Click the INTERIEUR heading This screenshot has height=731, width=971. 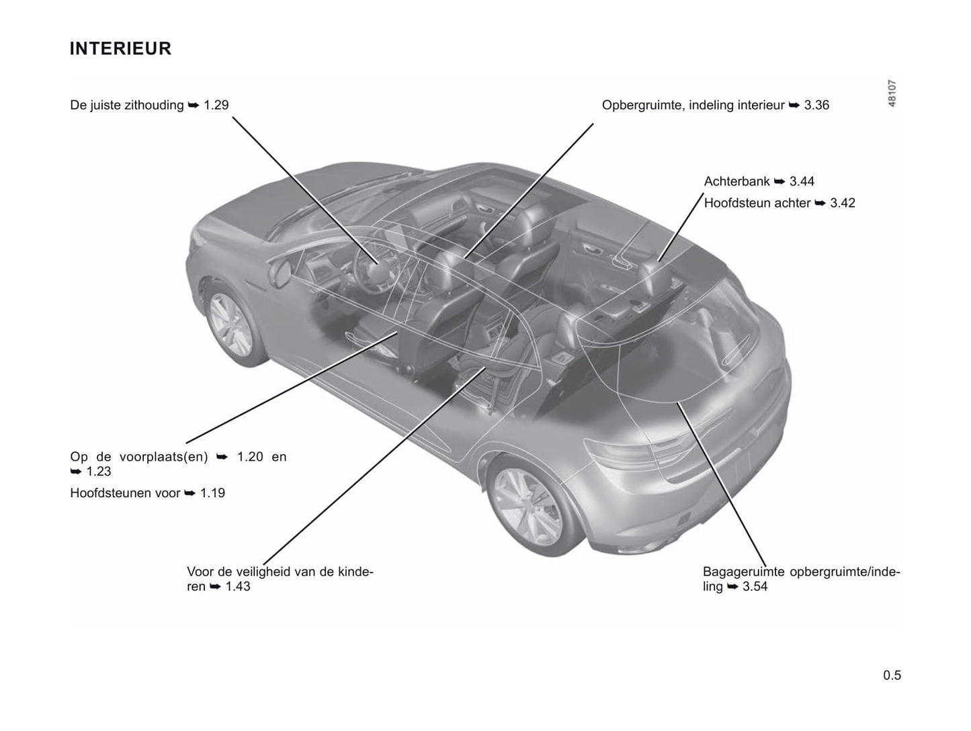[121, 49]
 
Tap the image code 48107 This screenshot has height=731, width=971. [892, 93]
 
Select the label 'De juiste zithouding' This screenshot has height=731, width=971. [127, 105]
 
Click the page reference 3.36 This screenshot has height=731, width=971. [816, 105]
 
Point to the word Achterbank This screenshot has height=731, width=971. [737, 181]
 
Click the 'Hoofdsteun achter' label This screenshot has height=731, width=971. [757, 203]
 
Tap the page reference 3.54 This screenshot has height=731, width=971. [755, 587]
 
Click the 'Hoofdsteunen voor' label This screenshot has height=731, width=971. [125, 493]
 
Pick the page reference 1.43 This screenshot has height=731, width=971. [238, 587]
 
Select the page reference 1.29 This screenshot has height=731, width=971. [216, 105]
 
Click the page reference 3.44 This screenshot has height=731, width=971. [802, 181]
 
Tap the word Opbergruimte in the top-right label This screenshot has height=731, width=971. [642, 105]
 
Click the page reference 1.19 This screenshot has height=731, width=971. [213, 493]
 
